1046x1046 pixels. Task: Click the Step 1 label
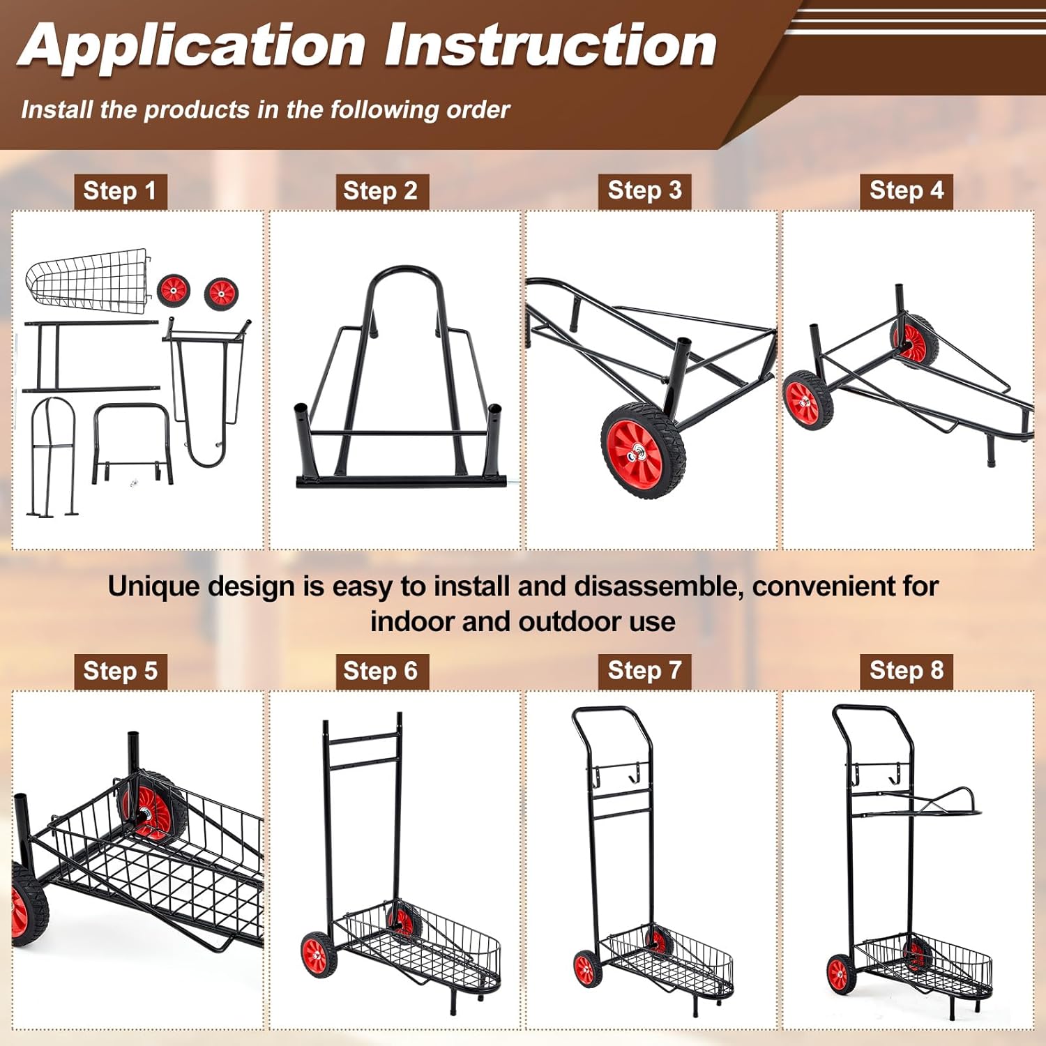coord(120,191)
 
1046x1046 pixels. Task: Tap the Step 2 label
coord(381,191)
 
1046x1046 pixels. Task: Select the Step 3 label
coord(644,190)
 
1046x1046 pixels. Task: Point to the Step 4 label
coord(906,190)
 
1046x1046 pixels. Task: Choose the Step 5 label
coord(120,671)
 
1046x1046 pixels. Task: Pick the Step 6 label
coord(381,671)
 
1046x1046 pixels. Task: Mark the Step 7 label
coord(644,670)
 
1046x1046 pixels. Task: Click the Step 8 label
coord(906,670)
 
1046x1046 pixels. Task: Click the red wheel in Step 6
coord(318,953)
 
